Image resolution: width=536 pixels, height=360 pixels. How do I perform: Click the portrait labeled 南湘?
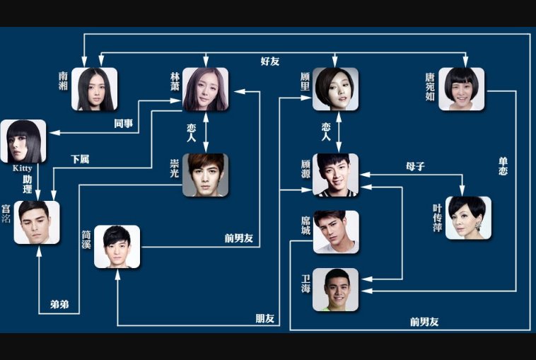94,89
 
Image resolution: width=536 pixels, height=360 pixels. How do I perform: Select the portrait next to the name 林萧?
205,89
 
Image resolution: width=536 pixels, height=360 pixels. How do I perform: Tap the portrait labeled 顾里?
335,89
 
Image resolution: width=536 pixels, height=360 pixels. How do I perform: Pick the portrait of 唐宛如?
461,89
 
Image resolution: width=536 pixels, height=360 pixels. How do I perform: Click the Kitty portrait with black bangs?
23,141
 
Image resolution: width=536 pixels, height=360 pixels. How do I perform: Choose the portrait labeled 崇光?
205,175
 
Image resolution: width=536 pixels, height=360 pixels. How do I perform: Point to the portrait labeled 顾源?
335,175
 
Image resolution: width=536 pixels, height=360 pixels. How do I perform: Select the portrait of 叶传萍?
468,218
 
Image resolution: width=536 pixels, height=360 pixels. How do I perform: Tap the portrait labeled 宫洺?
37,222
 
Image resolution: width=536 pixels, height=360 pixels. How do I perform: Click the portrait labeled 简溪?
117,246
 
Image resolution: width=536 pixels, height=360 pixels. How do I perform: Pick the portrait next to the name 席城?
335,231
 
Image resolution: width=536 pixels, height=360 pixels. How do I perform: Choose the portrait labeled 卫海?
335,289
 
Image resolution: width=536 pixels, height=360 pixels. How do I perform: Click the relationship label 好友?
270,62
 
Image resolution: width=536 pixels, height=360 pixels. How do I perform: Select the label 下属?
80,160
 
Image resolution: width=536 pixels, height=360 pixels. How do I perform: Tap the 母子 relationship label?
415,168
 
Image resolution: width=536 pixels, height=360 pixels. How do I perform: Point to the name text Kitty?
23,169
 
